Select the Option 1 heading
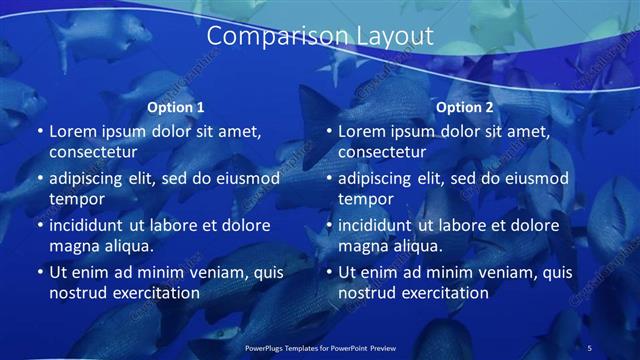176,107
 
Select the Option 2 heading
465,107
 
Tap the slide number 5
589,347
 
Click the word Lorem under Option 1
73,131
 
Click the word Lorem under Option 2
362,131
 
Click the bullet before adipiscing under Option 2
327,179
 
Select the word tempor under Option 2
365,199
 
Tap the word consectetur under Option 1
93,151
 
